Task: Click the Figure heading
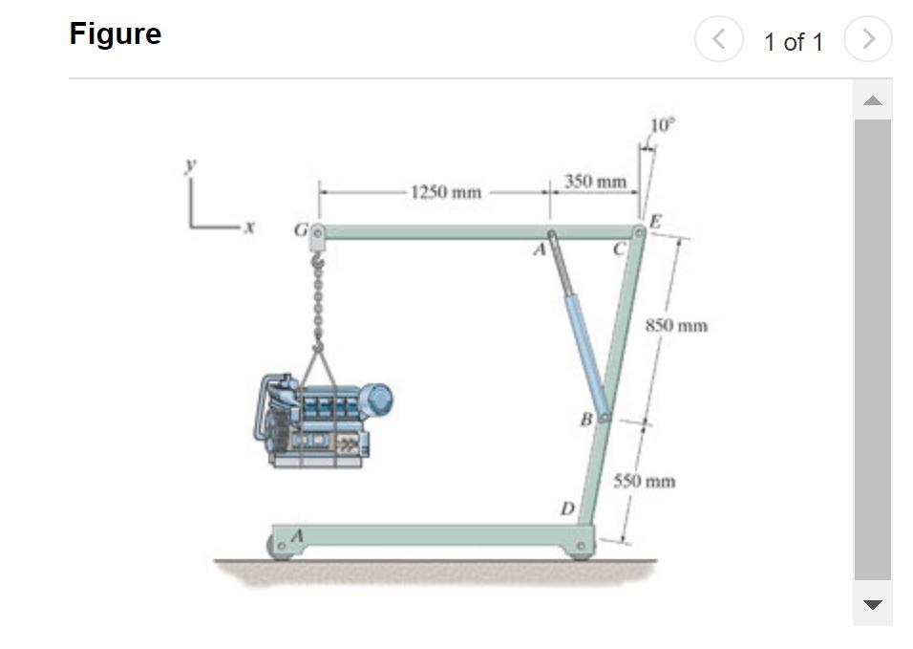[116, 34]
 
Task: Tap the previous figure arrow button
[718, 39]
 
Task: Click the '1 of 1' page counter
[793, 42]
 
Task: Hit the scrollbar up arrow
[872, 100]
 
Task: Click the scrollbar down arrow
[872, 604]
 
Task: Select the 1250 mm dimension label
[446, 192]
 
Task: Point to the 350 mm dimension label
[595, 182]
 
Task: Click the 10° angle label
[663, 124]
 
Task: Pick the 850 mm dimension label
[676, 325]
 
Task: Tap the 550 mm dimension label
[644, 481]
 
